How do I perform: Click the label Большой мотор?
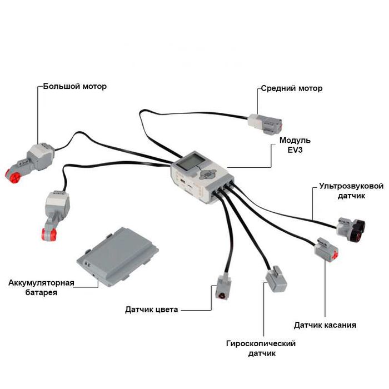click(x=74, y=87)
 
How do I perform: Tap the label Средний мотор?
click(x=291, y=88)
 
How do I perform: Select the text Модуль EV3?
click(x=295, y=145)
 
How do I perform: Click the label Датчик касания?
click(x=325, y=325)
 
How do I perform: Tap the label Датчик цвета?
click(x=152, y=310)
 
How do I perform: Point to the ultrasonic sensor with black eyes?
click(x=353, y=228)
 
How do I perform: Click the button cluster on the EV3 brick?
click(x=208, y=173)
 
